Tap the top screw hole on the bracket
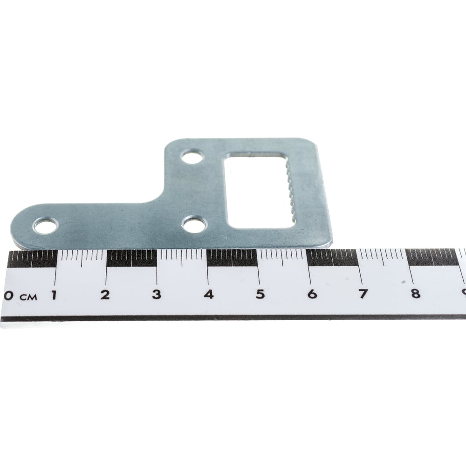(x=192, y=157)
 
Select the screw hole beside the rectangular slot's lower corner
(x=194, y=224)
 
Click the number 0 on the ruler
(x=9, y=295)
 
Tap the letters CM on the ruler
(x=28, y=296)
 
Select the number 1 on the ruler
(x=54, y=295)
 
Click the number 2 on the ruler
(x=105, y=295)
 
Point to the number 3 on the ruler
(x=157, y=294)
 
